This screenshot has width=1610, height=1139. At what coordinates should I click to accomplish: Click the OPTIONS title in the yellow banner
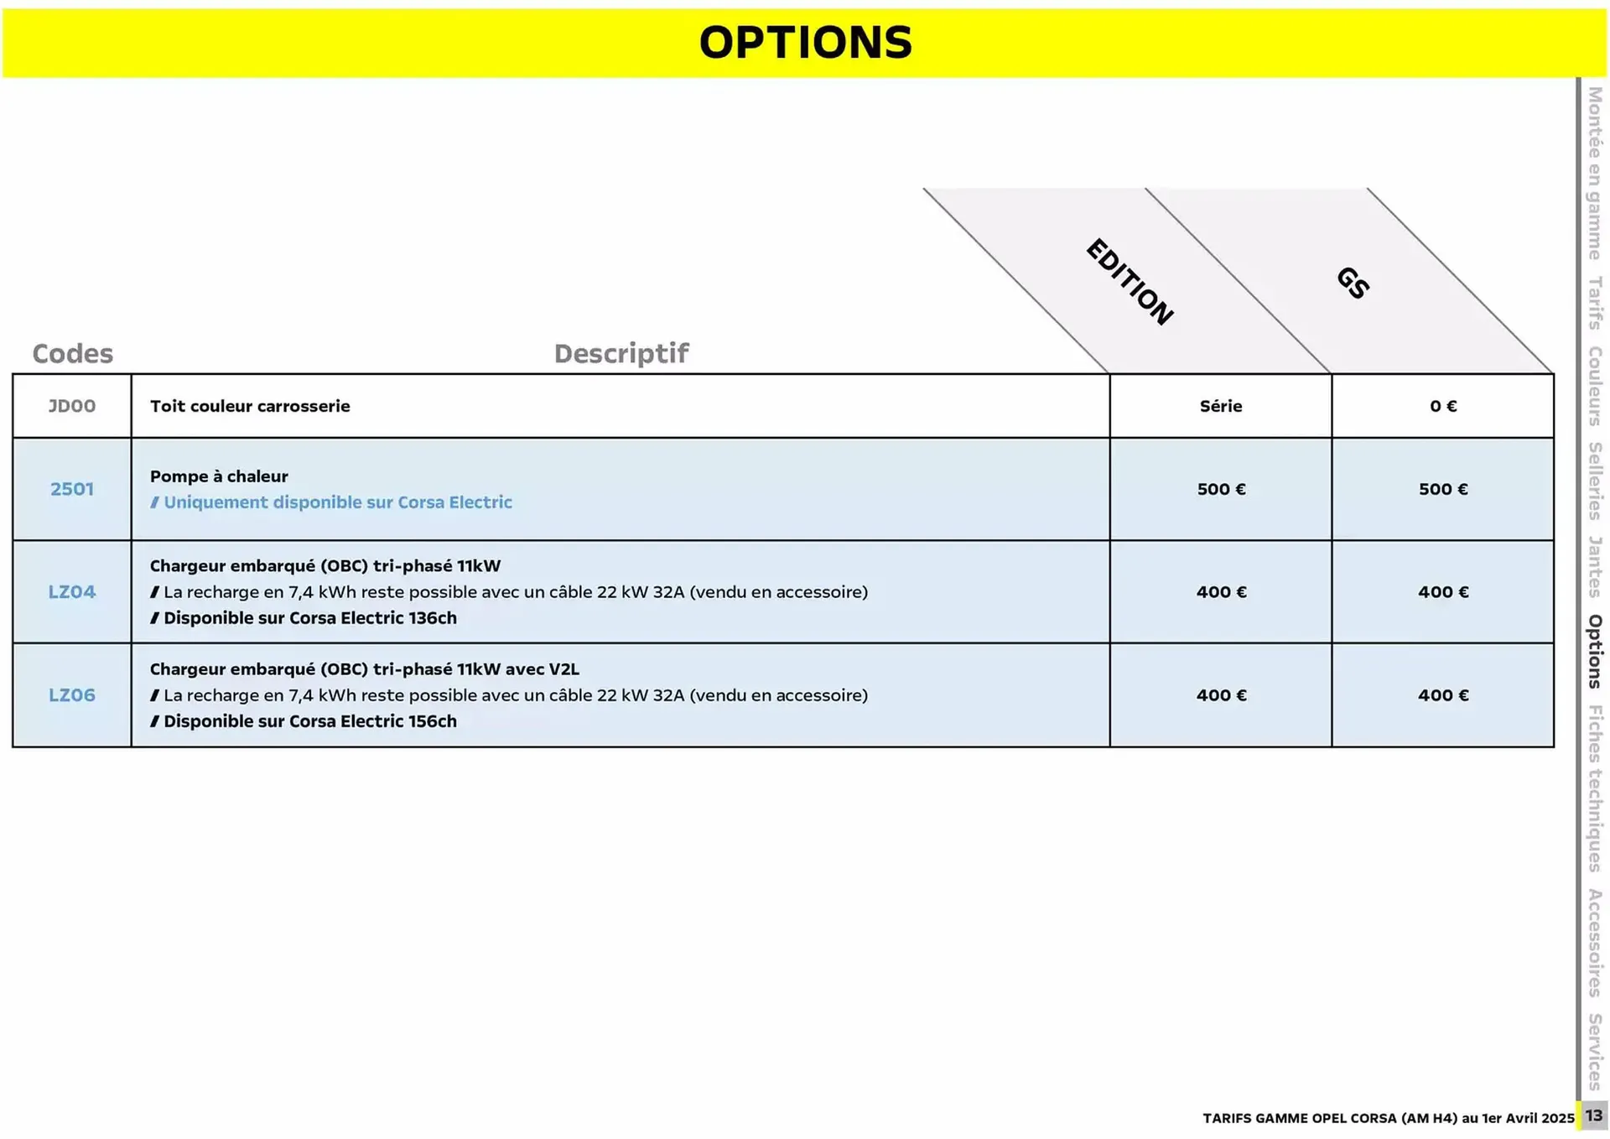tap(805, 43)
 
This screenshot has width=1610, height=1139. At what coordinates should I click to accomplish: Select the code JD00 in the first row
tap(72, 406)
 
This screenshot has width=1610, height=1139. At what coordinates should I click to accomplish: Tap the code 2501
tap(72, 489)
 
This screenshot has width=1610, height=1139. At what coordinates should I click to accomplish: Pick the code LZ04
tap(72, 592)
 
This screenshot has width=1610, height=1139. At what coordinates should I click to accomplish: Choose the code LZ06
tap(72, 695)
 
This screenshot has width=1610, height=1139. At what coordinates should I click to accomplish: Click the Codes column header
tap(72, 353)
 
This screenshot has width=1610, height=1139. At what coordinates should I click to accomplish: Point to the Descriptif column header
tap(621, 353)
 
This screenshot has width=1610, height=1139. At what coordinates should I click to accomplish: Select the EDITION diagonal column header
tap(1130, 282)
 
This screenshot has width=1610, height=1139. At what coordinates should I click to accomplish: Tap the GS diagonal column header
tap(1353, 283)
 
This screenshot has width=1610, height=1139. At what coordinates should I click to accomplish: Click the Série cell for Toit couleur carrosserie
tap(1221, 406)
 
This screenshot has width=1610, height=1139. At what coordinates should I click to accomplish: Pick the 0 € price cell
tap(1443, 406)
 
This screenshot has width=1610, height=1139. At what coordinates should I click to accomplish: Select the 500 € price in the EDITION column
tap(1221, 489)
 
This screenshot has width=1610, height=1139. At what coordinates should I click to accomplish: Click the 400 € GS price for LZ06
tap(1443, 695)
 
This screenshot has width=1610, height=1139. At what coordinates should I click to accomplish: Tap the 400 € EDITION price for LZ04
tap(1221, 592)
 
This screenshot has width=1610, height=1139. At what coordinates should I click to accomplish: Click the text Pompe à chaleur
tap(219, 476)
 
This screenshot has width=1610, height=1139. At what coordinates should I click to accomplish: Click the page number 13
tap(1593, 1116)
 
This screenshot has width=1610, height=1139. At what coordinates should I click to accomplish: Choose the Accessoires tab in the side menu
tap(1595, 943)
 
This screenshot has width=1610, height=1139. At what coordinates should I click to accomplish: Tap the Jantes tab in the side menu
tap(1595, 567)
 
